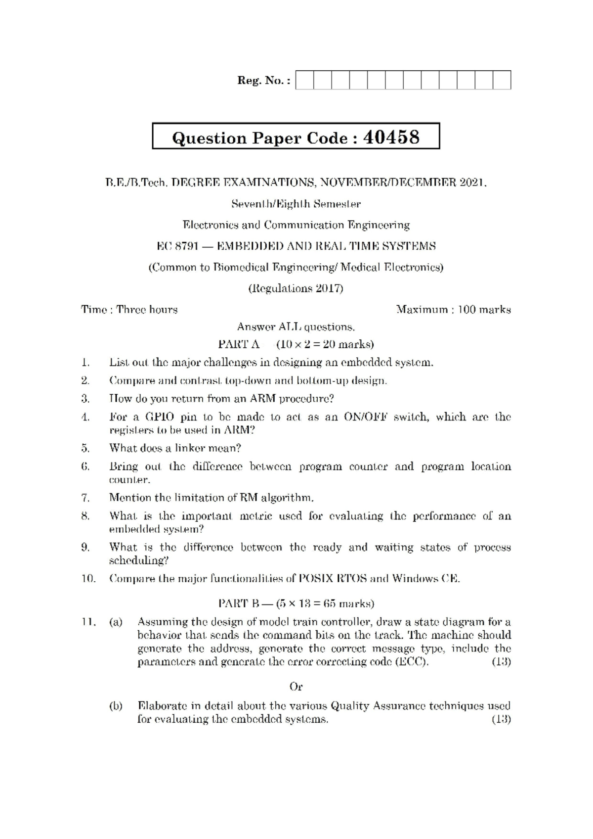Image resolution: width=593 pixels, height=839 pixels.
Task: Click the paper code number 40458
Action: tap(391, 137)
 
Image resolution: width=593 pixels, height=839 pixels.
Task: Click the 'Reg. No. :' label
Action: tap(264, 80)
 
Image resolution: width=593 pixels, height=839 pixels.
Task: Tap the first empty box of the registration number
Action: tap(304, 80)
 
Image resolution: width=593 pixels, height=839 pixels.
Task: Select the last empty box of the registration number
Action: tap(502, 80)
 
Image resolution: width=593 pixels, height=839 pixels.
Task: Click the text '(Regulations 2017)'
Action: tap(296, 288)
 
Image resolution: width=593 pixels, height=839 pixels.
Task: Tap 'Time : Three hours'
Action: tap(129, 310)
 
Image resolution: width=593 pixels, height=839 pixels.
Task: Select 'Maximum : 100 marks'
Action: tap(453, 310)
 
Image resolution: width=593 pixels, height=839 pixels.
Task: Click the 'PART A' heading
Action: tap(239, 344)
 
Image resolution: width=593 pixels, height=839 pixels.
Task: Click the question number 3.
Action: tap(85, 399)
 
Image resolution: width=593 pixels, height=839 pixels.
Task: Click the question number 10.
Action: tap(88, 578)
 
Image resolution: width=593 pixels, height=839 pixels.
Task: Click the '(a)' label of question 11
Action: tap(116, 622)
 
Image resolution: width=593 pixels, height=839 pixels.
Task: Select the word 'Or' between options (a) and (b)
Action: tap(296, 687)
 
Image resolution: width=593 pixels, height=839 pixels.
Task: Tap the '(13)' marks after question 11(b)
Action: tap(501, 719)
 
